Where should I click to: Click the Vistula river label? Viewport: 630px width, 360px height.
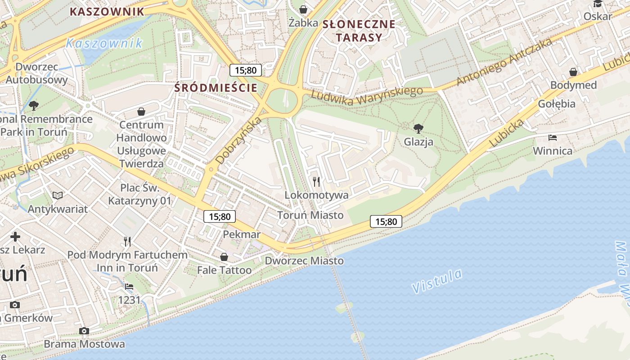(437, 281)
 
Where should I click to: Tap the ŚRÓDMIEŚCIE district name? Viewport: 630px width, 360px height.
(216, 88)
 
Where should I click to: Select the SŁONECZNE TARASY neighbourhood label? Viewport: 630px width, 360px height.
(359, 31)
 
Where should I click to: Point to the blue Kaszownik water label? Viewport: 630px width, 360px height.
(103, 44)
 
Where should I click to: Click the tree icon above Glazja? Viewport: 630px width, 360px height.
(418, 129)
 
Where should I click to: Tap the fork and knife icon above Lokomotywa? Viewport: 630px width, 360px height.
(316, 181)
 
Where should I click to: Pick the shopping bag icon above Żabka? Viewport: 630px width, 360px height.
(303, 9)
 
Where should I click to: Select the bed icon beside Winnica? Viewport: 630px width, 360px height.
(553, 137)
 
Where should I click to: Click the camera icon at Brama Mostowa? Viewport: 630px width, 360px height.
(84, 331)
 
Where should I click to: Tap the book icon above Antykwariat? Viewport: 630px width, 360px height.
(58, 195)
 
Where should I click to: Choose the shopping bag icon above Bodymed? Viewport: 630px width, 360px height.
(573, 72)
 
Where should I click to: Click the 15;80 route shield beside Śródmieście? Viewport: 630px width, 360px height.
(245, 70)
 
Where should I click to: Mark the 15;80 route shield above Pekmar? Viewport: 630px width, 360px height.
(219, 216)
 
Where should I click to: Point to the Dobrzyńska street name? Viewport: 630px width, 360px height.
(239, 140)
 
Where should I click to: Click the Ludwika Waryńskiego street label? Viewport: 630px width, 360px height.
(367, 95)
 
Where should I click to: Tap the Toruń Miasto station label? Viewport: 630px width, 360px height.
(310, 215)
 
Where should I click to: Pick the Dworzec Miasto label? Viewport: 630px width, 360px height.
(304, 261)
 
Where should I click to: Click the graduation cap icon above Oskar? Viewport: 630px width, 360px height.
(598, 4)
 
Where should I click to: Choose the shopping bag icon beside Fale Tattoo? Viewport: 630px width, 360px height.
(224, 257)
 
